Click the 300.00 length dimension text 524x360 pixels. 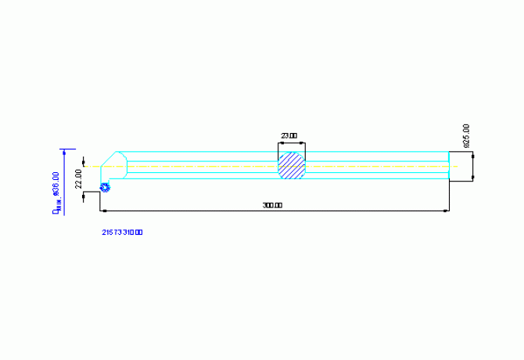tap(272, 205)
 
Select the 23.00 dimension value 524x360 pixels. tap(289, 136)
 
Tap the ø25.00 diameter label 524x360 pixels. tap(466, 136)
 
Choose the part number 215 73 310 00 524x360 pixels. tap(122, 232)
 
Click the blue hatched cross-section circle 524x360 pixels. tap(292, 166)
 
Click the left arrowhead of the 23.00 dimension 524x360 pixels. tap(281, 143)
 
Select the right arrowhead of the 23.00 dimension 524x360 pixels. tap(303, 143)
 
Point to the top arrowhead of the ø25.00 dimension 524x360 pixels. tap(474, 153)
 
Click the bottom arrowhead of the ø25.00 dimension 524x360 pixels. tap(474, 178)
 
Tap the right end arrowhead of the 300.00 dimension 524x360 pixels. tap(447, 211)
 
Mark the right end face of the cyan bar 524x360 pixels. tap(449, 166)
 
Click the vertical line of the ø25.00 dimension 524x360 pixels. tap(474, 166)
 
